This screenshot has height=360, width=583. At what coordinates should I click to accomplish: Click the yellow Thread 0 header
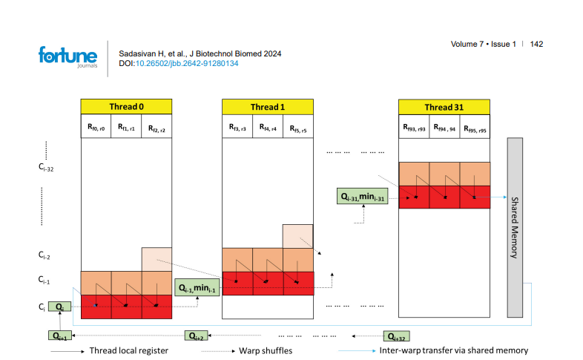(x=126, y=106)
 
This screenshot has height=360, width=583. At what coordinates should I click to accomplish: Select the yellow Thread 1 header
(x=268, y=106)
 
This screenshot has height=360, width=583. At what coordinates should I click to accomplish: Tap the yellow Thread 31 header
(x=444, y=106)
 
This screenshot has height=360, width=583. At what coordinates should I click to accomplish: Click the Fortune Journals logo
(x=67, y=56)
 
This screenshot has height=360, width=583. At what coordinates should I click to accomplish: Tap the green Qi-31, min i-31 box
(x=363, y=197)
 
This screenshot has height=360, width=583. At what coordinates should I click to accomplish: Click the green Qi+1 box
(x=60, y=336)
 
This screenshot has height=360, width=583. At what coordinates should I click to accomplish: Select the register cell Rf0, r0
(x=96, y=128)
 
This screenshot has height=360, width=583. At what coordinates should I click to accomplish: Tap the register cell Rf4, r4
(x=268, y=128)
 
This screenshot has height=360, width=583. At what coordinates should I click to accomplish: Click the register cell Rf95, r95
(x=475, y=128)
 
